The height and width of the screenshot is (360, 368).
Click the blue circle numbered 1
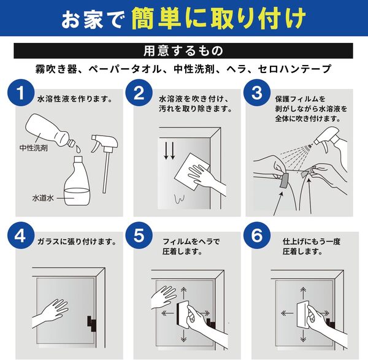coord(21,93)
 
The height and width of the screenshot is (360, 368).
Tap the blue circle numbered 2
coord(139,93)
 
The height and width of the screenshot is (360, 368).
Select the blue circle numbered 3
coord(257,93)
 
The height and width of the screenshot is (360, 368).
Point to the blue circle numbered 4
coord(21,236)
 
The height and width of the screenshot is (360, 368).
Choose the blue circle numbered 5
coord(139,236)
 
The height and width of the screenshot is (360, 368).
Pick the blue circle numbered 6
coord(257,236)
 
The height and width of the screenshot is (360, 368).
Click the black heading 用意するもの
coord(183,51)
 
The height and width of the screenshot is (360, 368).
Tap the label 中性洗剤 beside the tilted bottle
coord(34,148)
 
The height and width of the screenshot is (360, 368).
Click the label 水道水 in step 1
coord(43,198)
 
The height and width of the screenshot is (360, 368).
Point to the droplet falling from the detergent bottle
coord(79,149)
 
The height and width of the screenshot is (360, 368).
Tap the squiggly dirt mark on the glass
coord(179,199)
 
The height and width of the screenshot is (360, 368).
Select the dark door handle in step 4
coord(92,324)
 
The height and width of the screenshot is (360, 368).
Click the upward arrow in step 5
coord(184,293)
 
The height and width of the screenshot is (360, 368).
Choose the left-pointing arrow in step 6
coord(287,313)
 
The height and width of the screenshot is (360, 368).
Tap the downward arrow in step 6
coord(304,336)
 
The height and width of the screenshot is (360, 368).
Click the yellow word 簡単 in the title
coord(156,18)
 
